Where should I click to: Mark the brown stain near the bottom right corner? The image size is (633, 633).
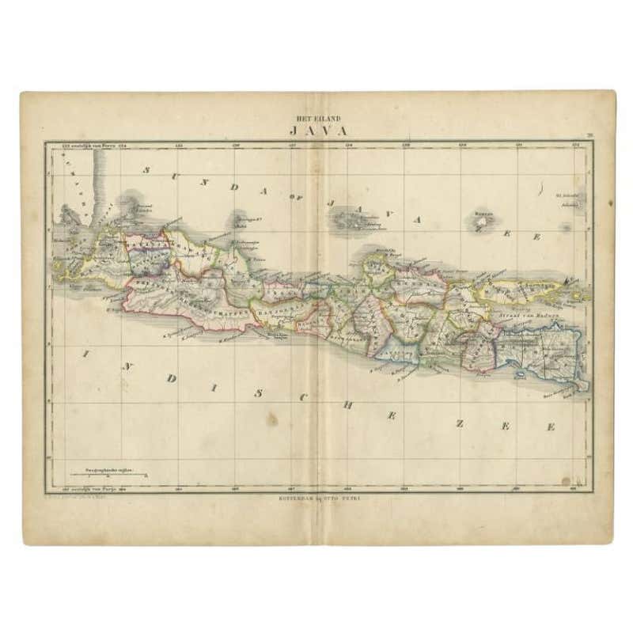coord(565,480)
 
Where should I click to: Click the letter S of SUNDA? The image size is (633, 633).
coord(146,170)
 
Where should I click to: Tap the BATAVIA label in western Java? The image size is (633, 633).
coord(146,247)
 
